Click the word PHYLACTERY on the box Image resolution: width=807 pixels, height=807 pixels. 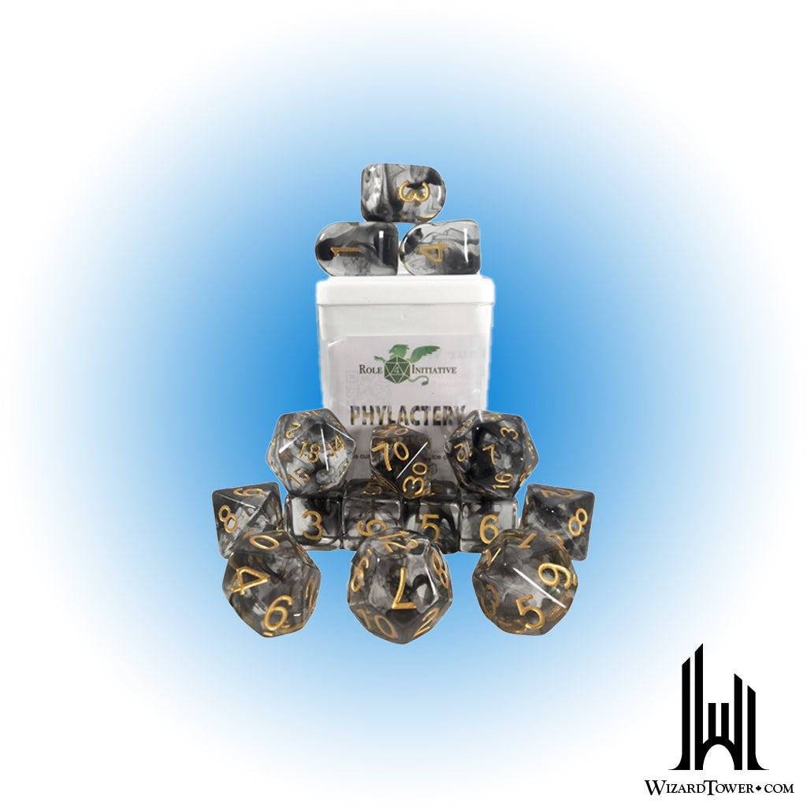404,413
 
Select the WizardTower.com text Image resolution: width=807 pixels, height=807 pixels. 718,787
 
